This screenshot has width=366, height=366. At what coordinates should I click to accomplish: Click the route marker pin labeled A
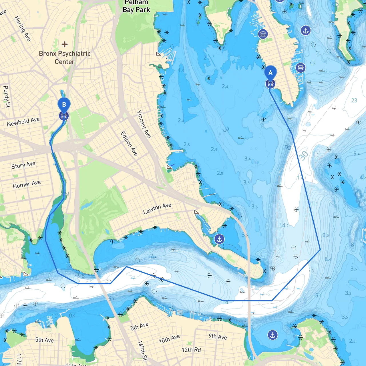click(270, 73)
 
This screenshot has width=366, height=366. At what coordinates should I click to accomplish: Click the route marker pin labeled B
click(64, 105)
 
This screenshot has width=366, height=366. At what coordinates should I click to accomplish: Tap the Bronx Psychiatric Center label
click(65, 57)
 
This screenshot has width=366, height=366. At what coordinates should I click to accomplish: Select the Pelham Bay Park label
click(136, 6)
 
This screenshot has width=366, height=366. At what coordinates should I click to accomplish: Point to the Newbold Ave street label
click(23, 122)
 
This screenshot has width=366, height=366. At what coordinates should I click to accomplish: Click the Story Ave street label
click(23, 165)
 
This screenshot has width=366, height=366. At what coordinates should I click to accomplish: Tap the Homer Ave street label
click(27, 184)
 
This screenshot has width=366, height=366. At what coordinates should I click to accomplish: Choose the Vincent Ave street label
click(144, 124)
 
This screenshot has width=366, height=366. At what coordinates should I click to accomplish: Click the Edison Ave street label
click(129, 144)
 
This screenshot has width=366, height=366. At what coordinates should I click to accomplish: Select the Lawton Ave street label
click(157, 208)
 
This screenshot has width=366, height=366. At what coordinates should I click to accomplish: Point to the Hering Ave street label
click(22, 28)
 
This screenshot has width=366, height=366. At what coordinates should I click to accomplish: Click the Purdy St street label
click(6, 96)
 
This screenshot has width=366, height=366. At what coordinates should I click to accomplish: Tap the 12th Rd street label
click(191, 350)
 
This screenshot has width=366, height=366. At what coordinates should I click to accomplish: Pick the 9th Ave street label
click(218, 337)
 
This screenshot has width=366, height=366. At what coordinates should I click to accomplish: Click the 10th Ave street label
click(169, 339)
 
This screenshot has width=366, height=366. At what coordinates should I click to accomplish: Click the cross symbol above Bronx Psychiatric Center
click(65, 44)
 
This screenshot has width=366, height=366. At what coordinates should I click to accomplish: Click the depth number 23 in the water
click(354, 100)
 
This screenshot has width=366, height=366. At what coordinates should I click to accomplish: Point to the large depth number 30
click(303, 156)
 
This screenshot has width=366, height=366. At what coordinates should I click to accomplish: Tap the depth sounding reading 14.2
click(284, 225)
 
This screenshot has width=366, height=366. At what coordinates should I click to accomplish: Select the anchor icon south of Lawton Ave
click(219, 239)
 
